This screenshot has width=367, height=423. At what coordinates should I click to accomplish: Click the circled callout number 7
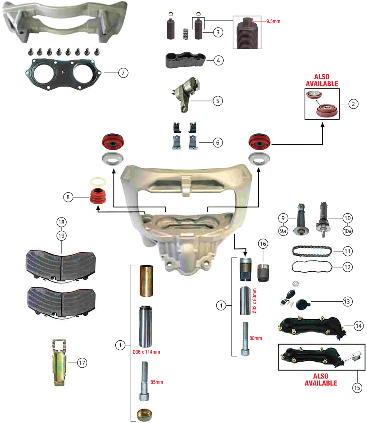pos(123,73)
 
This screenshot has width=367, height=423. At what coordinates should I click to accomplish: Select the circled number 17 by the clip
pos(81,363)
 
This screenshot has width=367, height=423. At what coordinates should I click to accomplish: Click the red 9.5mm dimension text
pos(273,21)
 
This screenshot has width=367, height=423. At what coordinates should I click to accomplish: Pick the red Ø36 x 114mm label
pos(146,352)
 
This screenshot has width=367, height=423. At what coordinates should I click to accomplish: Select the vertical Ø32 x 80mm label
pos(254,301)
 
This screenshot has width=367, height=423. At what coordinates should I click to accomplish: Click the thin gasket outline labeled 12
pos(311,268)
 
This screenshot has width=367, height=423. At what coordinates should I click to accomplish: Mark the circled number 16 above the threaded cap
pos(263,244)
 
